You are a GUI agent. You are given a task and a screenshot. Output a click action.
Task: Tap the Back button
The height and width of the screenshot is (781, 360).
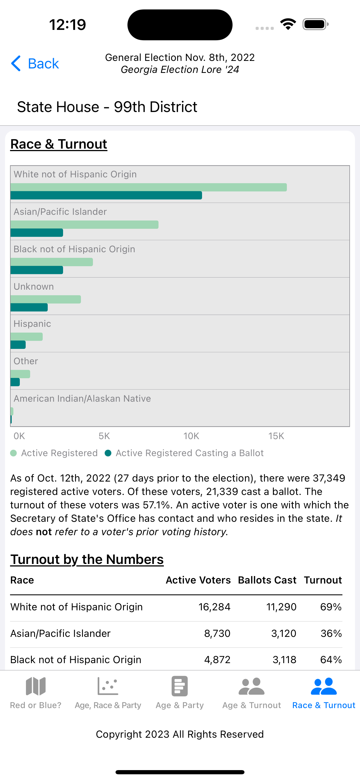(35, 64)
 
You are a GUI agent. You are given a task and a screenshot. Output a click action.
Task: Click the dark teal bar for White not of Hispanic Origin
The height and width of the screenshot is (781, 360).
(106, 195)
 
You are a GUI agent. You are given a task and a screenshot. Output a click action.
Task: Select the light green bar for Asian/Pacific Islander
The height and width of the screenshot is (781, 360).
(84, 225)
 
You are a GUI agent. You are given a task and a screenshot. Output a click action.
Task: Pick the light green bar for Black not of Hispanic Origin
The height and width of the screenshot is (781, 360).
(52, 262)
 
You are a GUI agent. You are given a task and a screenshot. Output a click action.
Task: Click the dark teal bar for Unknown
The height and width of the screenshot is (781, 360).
(29, 308)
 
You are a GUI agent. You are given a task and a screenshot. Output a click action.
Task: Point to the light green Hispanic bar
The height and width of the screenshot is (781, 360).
(27, 337)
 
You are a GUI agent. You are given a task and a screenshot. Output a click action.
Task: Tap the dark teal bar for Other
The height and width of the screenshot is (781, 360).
(15, 382)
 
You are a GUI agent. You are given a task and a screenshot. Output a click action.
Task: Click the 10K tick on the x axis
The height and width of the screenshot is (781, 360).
(191, 436)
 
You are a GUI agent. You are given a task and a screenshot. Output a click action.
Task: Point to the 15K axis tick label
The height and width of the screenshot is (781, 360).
(276, 436)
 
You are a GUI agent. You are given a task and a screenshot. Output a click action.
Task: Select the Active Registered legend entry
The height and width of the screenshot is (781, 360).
(54, 453)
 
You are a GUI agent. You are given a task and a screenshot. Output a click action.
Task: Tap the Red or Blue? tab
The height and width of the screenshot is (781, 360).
(36, 693)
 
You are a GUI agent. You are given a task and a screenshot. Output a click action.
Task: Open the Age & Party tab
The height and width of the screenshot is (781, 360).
(180, 693)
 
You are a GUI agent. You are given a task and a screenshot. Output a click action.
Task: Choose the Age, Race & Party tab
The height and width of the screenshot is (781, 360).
(108, 693)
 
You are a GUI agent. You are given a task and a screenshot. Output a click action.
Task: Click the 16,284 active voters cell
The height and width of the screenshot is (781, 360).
(214, 607)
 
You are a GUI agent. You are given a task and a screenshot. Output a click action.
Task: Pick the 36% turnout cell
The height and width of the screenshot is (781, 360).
(331, 633)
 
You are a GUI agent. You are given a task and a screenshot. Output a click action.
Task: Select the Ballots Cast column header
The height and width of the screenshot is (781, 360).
(267, 580)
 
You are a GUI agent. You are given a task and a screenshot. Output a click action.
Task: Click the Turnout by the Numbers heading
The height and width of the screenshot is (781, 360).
(87, 559)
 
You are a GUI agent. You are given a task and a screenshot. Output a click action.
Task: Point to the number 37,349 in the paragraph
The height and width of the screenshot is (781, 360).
(329, 478)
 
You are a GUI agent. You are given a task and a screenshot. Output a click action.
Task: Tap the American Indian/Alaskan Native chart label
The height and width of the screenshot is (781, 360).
(82, 398)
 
